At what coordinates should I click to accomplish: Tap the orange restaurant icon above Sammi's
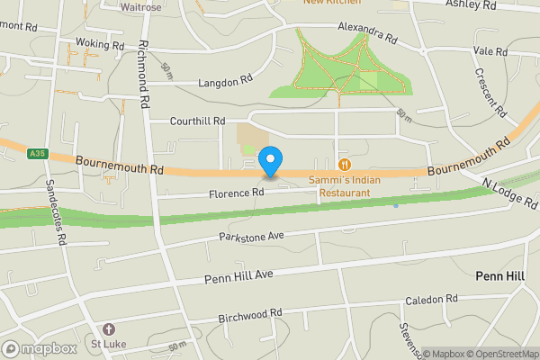[344, 165]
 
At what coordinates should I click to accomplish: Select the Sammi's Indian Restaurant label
[339, 185]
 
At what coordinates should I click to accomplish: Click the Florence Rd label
[236, 193]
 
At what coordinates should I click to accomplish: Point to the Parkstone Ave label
[251, 236]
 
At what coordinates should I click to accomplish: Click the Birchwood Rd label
[251, 314]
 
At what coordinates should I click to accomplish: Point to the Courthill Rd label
[198, 121]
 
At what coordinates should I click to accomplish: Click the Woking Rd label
[100, 44]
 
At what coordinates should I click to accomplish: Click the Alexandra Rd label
[367, 34]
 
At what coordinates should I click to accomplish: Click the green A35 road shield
[36, 154]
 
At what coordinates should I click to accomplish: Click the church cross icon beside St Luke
[109, 329]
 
